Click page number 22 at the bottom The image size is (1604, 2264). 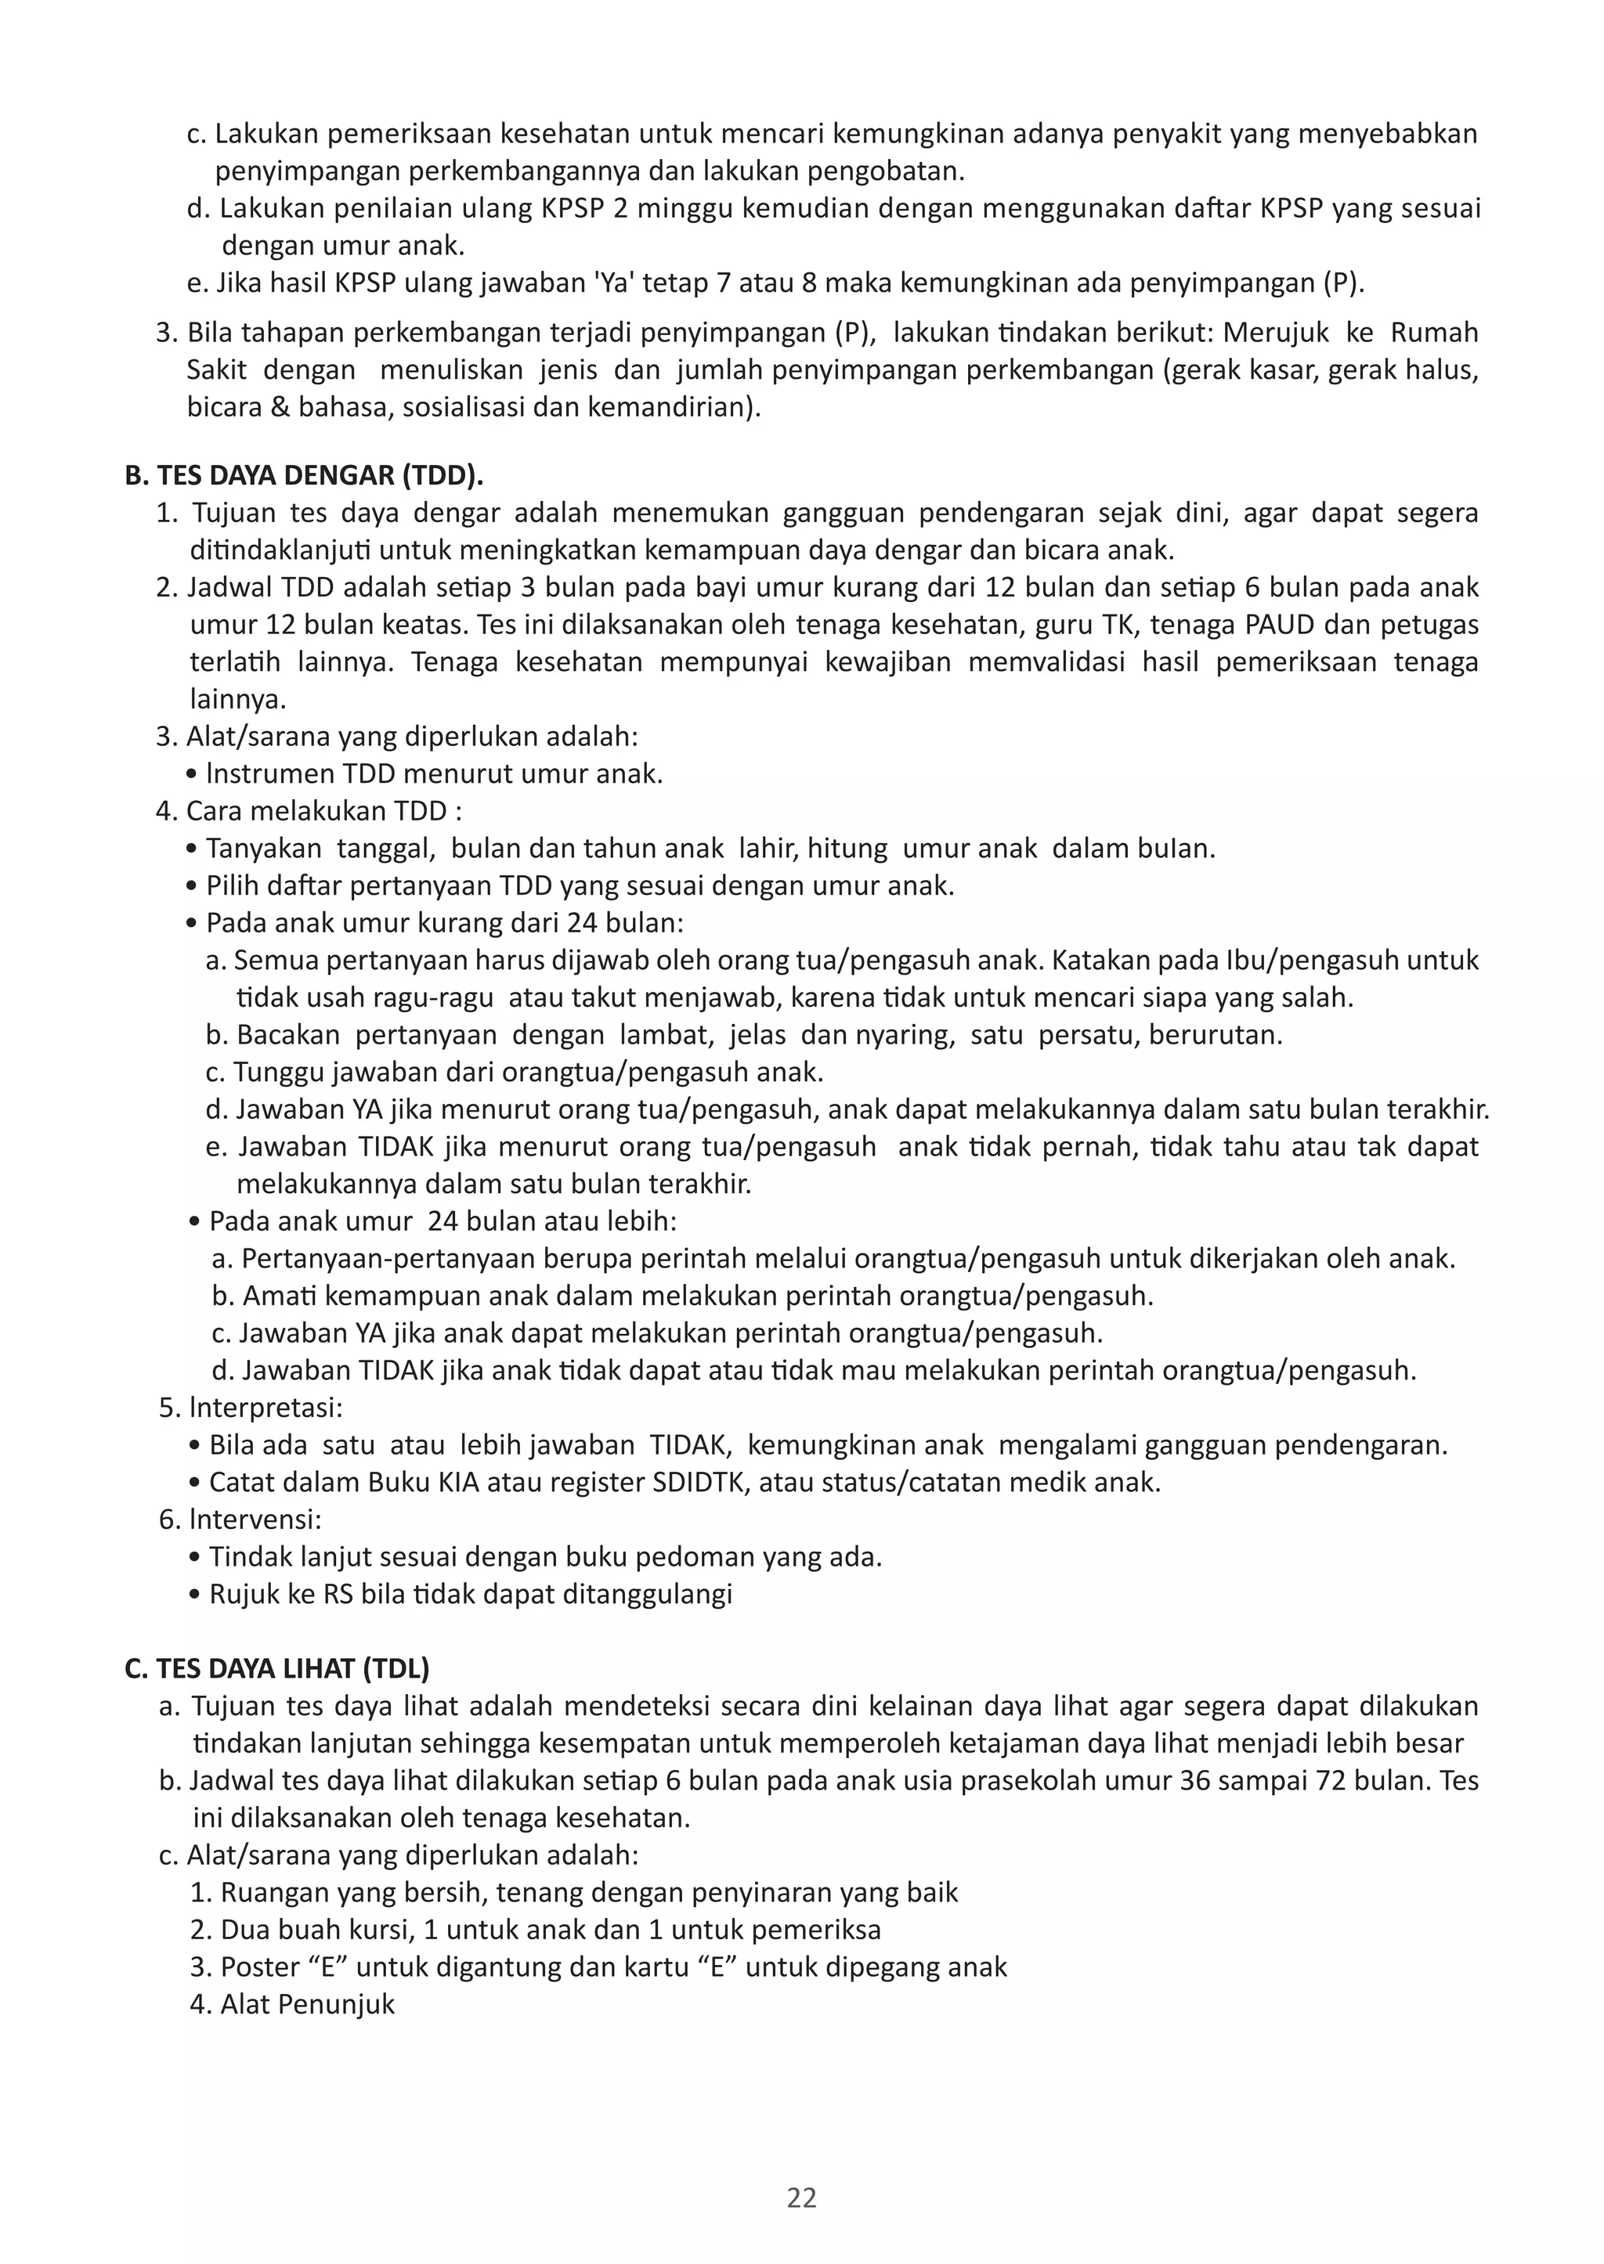click(801, 2197)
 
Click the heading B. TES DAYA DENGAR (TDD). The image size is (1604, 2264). click(304, 475)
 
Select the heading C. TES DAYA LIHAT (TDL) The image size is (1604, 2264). click(277, 1667)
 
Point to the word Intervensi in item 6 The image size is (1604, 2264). click(255, 1519)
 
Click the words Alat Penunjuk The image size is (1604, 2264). click(307, 2003)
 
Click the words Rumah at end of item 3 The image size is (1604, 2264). click(1434, 332)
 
